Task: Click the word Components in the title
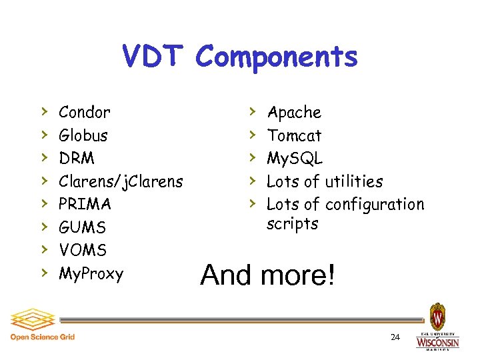tap(277, 58)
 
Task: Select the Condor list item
tap(84, 113)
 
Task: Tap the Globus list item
tap(83, 136)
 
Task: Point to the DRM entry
tap(77, 159)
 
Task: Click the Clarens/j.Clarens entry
tap(121, 181)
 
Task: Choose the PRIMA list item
tap(85, 204)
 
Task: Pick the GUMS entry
tap(83, 227)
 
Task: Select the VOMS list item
tap(83, 250)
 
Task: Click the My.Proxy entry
tap(91, 273)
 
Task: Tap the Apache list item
tap(294, 113)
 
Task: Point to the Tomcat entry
tap(294, 136)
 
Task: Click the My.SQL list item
tap(295, 159)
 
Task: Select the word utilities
tap(353, 181)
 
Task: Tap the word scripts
tap(293, 224)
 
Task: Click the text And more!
tap(267, 274)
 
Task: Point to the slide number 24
tap(395, 337)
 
